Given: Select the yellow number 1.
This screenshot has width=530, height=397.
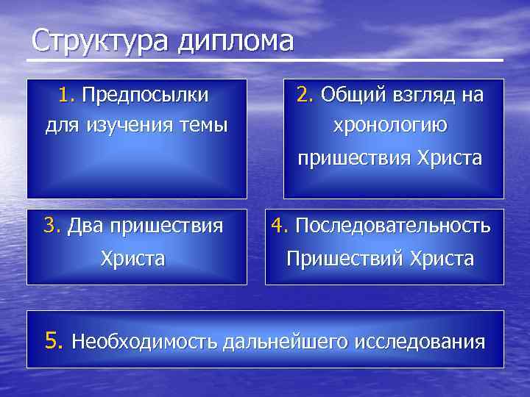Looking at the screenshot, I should click(x=67, y=96).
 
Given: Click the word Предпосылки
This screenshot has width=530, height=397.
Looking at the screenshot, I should click(x=145, y=96).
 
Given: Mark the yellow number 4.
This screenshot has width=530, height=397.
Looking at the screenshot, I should click(x=279, y=226).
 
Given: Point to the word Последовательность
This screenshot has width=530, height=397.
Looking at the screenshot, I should click(x=392, y=226).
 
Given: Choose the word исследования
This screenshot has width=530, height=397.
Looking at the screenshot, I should click(x=420, y=342).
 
